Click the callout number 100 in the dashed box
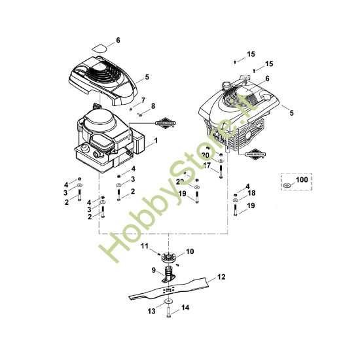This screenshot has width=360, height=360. tap(300, 179)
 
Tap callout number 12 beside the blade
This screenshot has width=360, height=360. tap(221, 277)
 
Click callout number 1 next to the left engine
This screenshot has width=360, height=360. tap(155, 141)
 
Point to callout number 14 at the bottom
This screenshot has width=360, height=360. tap(185, 307)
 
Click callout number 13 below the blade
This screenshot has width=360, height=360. tap(153, 312)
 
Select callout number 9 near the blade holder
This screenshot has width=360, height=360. tap(154, 270)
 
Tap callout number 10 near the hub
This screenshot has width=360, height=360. tap(190, 251)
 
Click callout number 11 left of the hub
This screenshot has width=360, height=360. tap(145, 245)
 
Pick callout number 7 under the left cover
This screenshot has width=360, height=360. tap(143, 99)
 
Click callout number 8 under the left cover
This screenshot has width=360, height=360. tap(153, 106)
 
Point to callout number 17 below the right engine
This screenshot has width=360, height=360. tap(207, 166)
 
